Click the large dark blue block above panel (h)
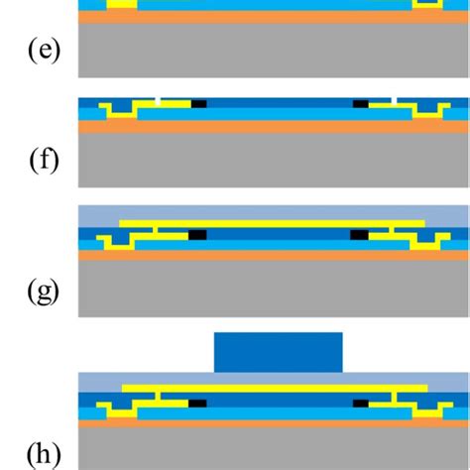(279, 352)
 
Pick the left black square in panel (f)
(198, 103)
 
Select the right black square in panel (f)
(360, 103)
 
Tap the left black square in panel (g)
(196, 235)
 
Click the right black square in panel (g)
(360, 235)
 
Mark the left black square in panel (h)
(197, 404)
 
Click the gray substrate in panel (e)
(273, 50)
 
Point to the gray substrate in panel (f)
(273, 159)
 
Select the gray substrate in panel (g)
(273, 288)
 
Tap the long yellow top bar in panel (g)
(273, 224)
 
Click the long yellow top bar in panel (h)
(273, 388)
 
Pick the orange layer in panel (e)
(273, 17)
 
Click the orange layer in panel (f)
(273, 126)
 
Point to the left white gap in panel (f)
(160, 99)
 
